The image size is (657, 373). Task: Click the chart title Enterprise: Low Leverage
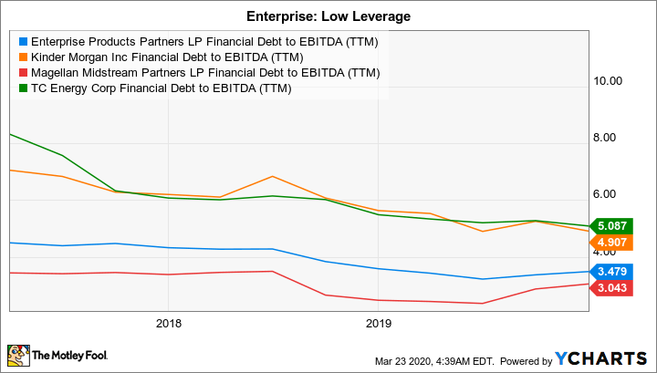point(328,16)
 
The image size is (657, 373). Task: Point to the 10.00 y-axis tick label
point(608,80)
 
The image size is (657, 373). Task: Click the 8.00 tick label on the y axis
point(608,138)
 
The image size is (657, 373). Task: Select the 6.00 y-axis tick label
point(608,195)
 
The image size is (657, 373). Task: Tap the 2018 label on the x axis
point(169,323)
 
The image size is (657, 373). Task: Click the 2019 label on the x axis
point(379,323)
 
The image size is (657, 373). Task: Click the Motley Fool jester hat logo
point(17,355)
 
